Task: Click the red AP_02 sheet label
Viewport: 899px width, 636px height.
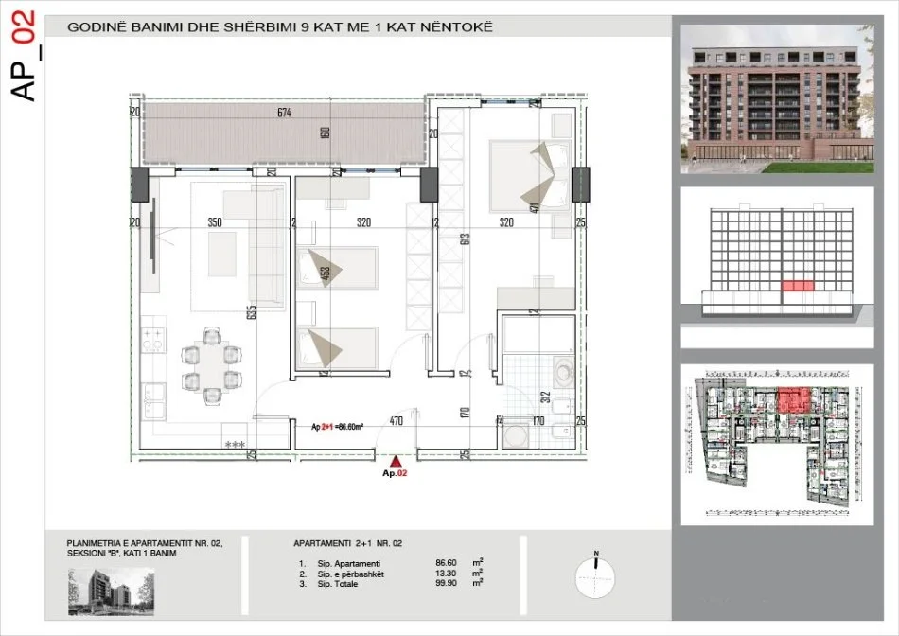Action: click(x=26, y=55)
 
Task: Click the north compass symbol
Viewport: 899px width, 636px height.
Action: click(x=595, y=574)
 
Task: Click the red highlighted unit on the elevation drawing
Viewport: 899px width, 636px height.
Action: click(x=796, y=285)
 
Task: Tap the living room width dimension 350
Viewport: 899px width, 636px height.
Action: click(x=215, y=223)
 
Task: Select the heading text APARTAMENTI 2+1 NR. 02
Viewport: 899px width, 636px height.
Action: click(x=347, y=543)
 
